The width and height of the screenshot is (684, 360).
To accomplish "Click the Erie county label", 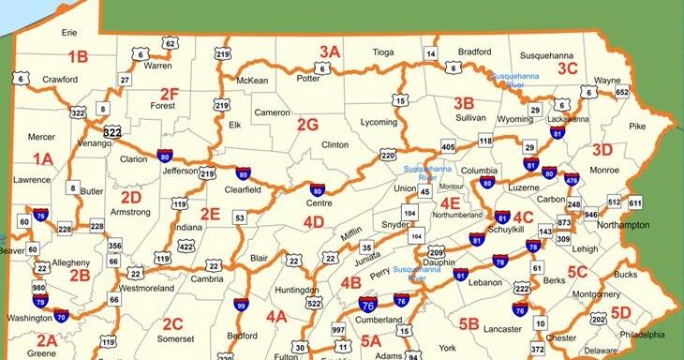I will coord(69,32).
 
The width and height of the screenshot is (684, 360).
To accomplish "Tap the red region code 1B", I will coord(77,56).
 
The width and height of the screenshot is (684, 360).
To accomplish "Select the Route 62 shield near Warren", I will coord(170,43).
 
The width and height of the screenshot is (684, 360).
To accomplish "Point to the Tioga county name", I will coord(383,52).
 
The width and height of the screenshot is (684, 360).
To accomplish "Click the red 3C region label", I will coord(567,67).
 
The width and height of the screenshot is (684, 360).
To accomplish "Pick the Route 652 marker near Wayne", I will coord(621,93).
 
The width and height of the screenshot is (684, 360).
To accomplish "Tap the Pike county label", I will coord(637,126).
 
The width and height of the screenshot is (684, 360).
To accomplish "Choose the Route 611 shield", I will coord(635,202).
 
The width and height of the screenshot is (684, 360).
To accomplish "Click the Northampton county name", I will coord(622,226).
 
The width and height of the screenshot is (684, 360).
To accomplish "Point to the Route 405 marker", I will coord(448,147).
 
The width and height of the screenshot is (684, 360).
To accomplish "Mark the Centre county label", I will coord(320,202).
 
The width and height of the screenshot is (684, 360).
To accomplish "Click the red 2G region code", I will coord(307,124).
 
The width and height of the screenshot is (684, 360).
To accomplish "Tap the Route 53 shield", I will coord(240,218).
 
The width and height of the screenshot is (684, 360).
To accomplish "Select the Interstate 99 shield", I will coord(241,305).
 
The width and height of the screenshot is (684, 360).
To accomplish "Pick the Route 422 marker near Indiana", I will coord(186,247).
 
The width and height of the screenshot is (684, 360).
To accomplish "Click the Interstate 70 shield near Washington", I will coord(62,317).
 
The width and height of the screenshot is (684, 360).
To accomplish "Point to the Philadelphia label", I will coord(642,334).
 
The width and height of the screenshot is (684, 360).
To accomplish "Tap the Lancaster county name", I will coord(502,329).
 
